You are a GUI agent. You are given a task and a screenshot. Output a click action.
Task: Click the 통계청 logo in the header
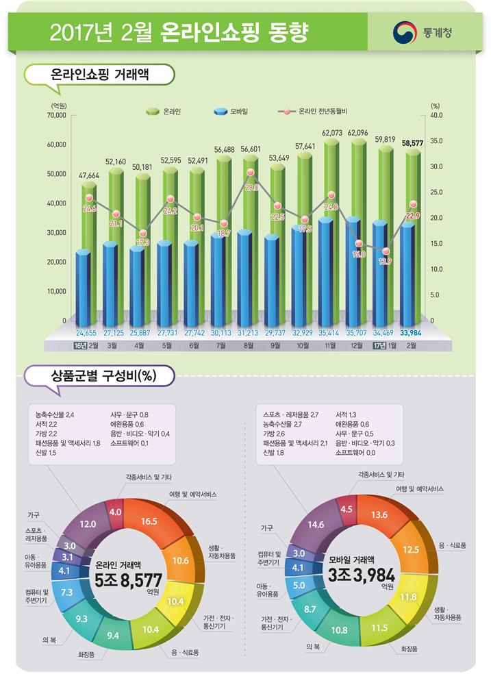(x=423, y=32)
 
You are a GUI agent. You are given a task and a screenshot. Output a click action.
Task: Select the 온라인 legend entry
(x=164, y=110)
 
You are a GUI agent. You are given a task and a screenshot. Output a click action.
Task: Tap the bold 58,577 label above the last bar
(x=412, y=144)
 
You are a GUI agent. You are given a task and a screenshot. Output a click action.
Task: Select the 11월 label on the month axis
(x=331, y=346)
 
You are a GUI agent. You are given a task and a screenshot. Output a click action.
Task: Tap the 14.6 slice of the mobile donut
(x=316, y=525)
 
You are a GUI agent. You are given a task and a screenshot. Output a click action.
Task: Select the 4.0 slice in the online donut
(x=116, y=511)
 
